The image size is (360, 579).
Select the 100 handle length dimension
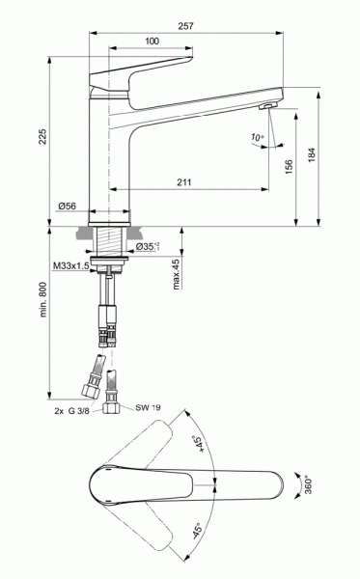152,41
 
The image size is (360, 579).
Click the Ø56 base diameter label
67,206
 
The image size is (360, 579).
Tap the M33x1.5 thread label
73,264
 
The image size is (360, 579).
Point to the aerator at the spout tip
266,105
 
